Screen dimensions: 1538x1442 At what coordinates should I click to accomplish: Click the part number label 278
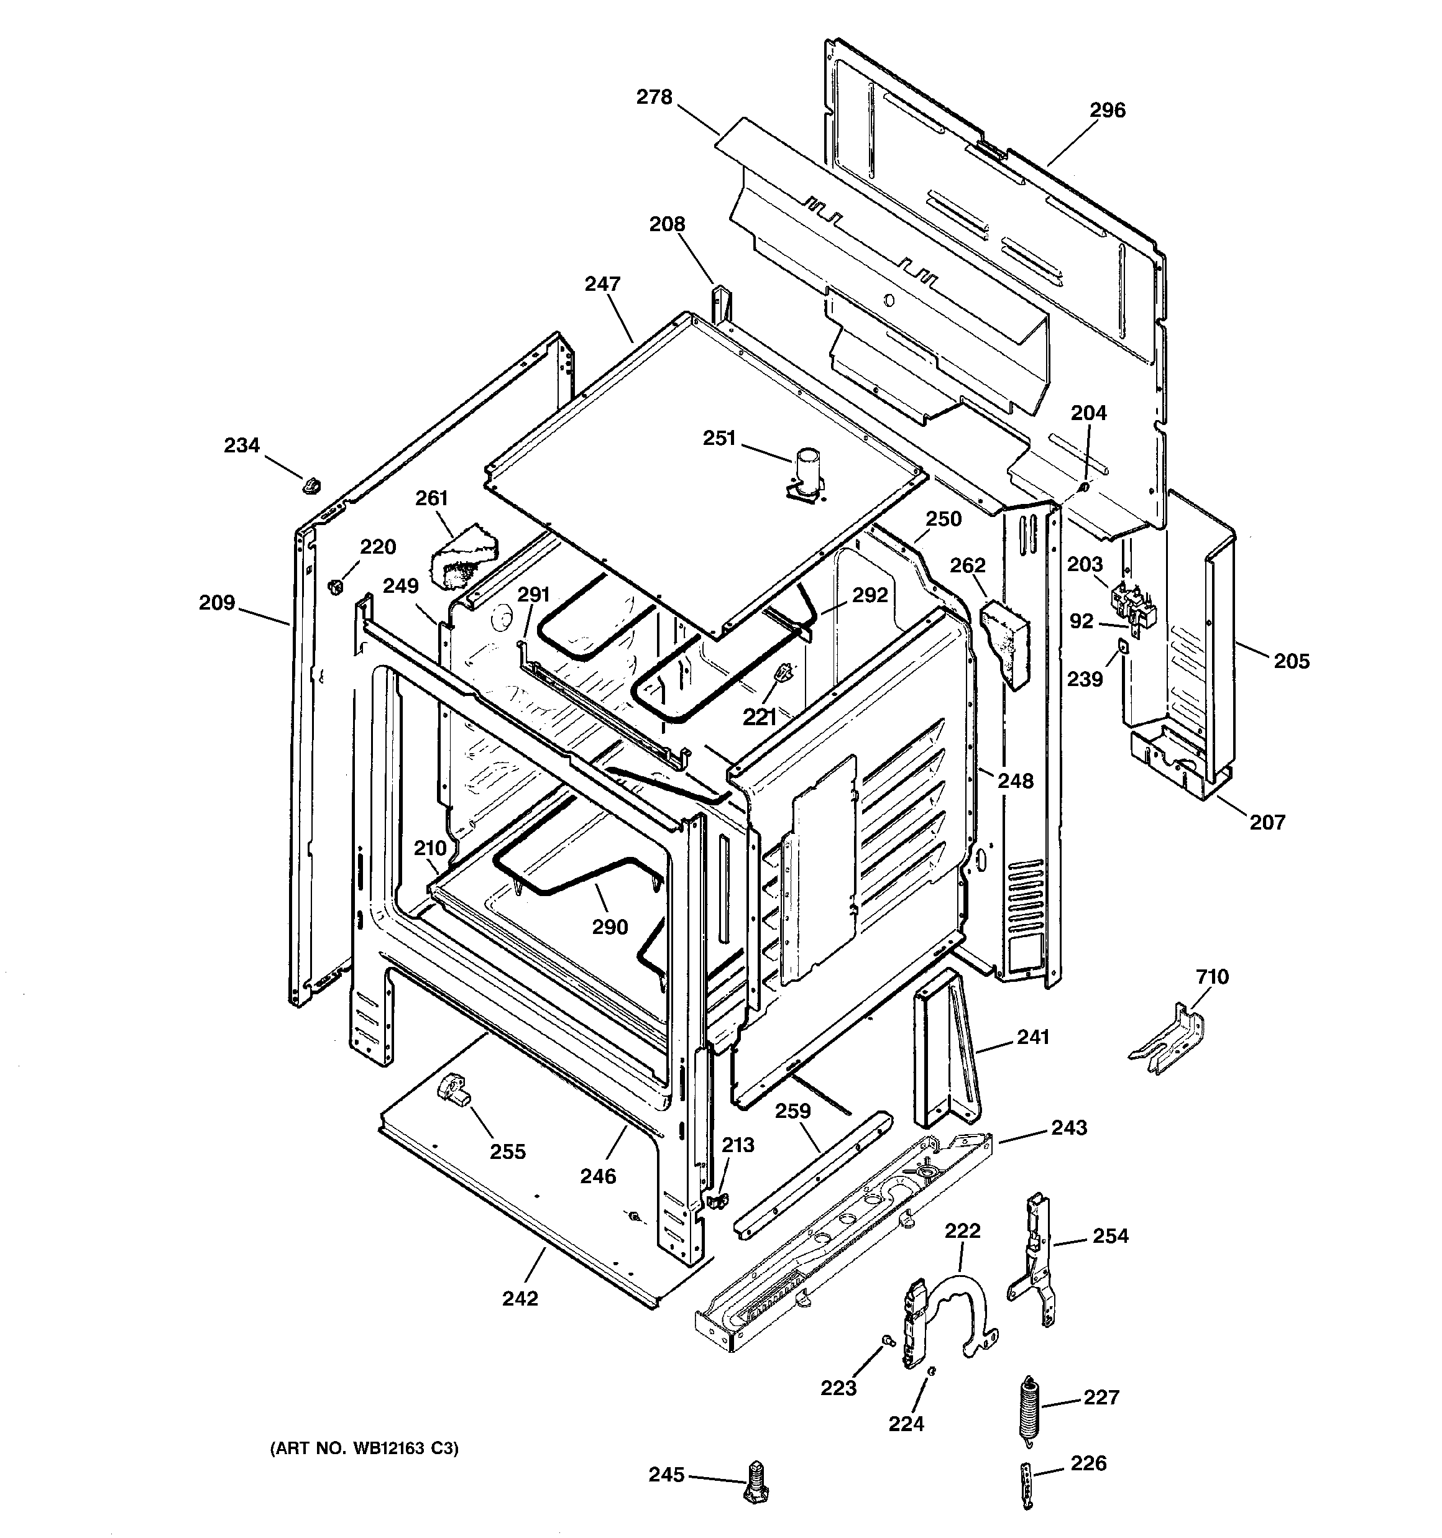click(x=654, y=98)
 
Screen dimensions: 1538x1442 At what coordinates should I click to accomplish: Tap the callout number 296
click(x=1107, y=111)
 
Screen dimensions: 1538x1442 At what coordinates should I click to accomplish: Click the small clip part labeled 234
click(x=311, y=486)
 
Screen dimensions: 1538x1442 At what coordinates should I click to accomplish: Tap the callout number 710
click(x=1212, y=977)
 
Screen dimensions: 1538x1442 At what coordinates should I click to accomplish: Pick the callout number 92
click(x=1081, y=621)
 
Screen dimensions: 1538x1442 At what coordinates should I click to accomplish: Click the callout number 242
click(x=520, y=1299)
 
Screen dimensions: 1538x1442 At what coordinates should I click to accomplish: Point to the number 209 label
click(x=217, y=602)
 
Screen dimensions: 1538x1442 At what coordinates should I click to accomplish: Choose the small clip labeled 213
click(x=717, y=1200)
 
